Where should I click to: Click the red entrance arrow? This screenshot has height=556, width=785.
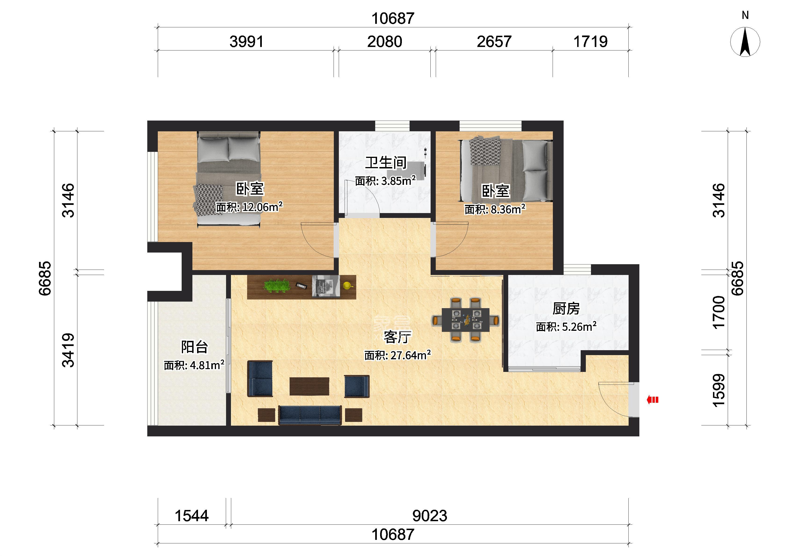tap(652, 399)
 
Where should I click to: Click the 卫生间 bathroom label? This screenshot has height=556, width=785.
tap(386, 163)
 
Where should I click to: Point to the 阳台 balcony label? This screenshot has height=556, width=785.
tap(194, 347)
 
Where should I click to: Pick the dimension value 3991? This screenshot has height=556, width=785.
tap(247, 42)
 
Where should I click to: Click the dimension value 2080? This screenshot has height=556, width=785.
tap(385, 42)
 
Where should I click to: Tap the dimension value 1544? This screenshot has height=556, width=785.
tap(191, 516)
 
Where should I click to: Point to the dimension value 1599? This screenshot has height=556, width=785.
tap(719, 390)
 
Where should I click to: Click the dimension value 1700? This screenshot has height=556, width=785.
tap(719, 313)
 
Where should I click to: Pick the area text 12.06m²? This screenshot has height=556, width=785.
tap(262, 207)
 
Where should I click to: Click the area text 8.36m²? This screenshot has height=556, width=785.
tap(508, 209)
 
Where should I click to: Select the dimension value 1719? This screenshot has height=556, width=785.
tap(591, 42)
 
